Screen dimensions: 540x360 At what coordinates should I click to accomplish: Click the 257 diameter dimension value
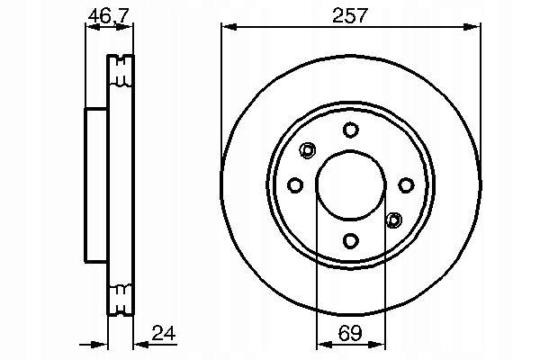[350, 15]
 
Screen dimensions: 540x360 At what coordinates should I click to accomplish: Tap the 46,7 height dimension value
[109, 15]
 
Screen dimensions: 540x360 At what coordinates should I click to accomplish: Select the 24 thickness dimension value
[164, 333]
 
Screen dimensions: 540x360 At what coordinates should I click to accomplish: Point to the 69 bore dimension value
[350, 333]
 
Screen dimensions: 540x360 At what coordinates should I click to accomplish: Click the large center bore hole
[351, 185]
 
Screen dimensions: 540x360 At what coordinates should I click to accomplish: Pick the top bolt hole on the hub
[351, 130]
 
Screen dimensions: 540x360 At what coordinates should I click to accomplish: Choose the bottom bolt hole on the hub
[351, 240]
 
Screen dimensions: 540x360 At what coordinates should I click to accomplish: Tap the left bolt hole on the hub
[295, 185]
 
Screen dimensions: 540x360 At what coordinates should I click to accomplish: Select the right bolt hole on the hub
[406, 185]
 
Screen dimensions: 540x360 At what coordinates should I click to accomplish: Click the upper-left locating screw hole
[307, 150]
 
